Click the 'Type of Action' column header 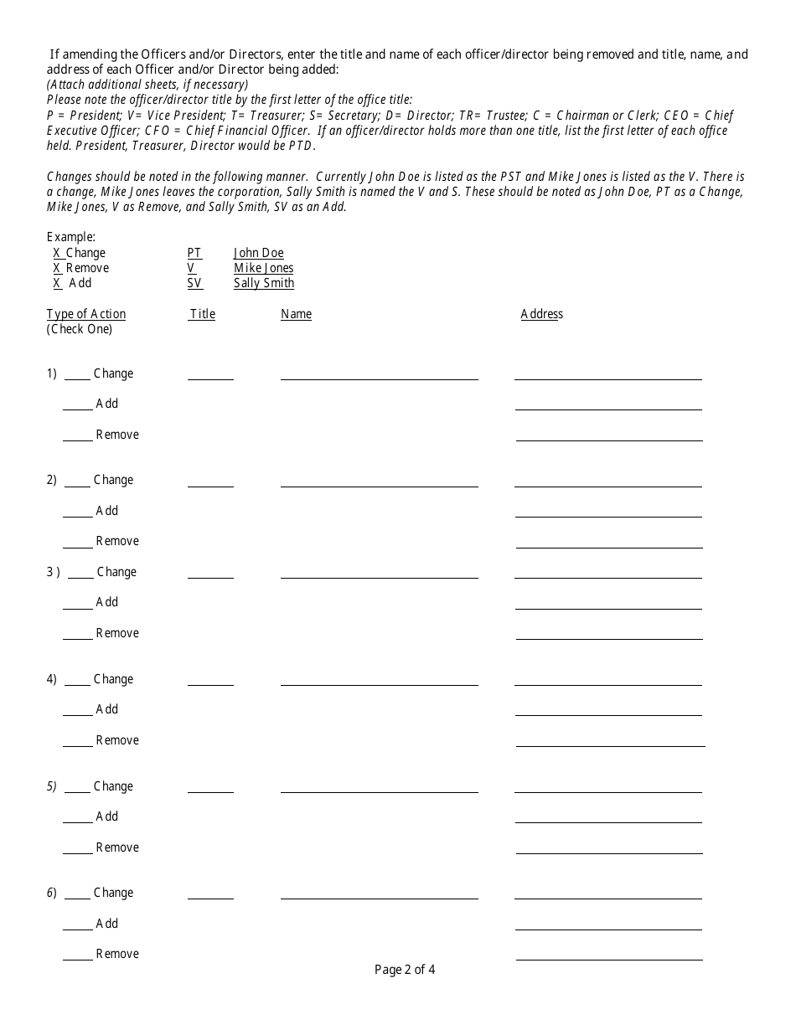[86, 314]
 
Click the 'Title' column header [202, 314]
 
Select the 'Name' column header [296, 314]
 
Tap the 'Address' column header [541, 314]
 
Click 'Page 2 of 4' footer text [405, 971]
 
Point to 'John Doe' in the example [258, 253]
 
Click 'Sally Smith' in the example [264, 283]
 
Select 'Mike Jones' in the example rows [264, 268]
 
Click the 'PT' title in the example [194, 253]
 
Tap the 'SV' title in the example [194, 283]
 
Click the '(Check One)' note [80, 329]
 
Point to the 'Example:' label [71, 237]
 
